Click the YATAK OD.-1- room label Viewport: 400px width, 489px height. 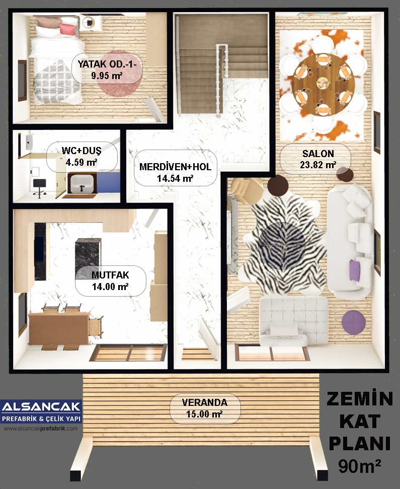tap(107, 64)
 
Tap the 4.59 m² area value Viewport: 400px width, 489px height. tap(82, 162)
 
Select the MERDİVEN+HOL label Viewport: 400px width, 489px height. tap(175, 167)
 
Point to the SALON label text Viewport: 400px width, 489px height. tap(318, 154)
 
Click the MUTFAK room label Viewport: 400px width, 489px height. tap(110, 275)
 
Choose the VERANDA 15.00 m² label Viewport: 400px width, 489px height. tap(205, 408)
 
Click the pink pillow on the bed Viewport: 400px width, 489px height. tap(67, 29)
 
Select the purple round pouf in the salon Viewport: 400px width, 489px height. tap(353, 322)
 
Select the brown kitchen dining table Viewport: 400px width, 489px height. tap(59, 327)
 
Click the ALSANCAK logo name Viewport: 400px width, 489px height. tap(41, 407)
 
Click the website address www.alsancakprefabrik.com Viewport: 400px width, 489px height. tap(41, 429)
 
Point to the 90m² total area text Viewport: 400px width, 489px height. tap(360, 466)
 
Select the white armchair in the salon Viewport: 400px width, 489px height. tap(293, 321)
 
